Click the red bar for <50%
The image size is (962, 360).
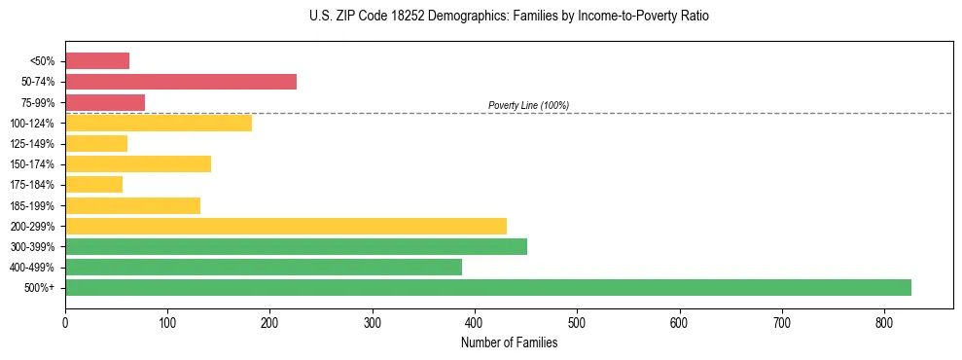(x=97, y=61)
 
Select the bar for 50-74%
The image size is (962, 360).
(x=181, y=82)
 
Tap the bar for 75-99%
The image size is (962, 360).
(x=105, y=102)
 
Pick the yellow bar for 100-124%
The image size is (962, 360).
(x=159, y=123)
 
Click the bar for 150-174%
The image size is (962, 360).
(x=138, y=163)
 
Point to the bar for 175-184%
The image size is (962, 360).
(x=94, y=185)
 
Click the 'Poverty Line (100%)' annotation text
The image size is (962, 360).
(x=528, y=105)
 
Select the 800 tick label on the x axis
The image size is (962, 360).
(x=884, y=322)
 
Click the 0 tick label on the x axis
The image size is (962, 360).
(x=65, y=322)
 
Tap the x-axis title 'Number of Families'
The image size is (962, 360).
(x=509, y=342)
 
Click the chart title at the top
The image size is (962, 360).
(x=509, y=17)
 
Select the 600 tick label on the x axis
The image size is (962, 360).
(x=679, y=322)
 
